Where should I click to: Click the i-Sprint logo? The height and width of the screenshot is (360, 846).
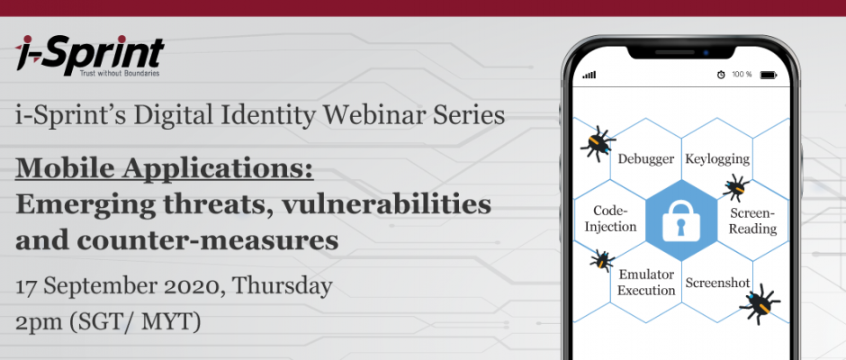pyautogui.click(x=90, y=56)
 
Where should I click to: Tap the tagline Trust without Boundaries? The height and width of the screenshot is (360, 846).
pyautogui.click(x=119, y=74)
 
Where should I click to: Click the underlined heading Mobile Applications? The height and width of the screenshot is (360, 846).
pyautogui.click(x=165, y=169)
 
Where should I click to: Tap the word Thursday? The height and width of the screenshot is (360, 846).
pyautogui.click(x=283, y=286)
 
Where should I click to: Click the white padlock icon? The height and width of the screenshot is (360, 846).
pyautogui.click(x=681, y=220)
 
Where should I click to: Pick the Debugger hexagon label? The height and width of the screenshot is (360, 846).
pyautogui.click(x=646, y=158)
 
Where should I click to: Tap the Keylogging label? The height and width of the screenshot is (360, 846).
pyautogui.click(x=717, y=158)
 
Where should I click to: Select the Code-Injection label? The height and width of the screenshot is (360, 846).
pyautogui.click(x=611, y=219)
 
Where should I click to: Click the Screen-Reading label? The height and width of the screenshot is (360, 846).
pyautogui.click(x=752, y=220)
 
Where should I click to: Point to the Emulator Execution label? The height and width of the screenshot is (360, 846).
pyautogui.click(x=646, y=283)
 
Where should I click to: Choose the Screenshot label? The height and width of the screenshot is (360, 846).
pyautogui.click(x=717, y=283)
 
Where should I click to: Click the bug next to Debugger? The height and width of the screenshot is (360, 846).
pyautogui.click(x=598, y=144)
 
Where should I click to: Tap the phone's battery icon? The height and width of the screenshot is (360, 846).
pyautogui.click(x=769, y=75)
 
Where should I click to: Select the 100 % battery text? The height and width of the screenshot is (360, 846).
pyautogui.click(x=742, y=75)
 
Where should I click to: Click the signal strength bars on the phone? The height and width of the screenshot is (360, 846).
pyautogui.click(x=589, y=75)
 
